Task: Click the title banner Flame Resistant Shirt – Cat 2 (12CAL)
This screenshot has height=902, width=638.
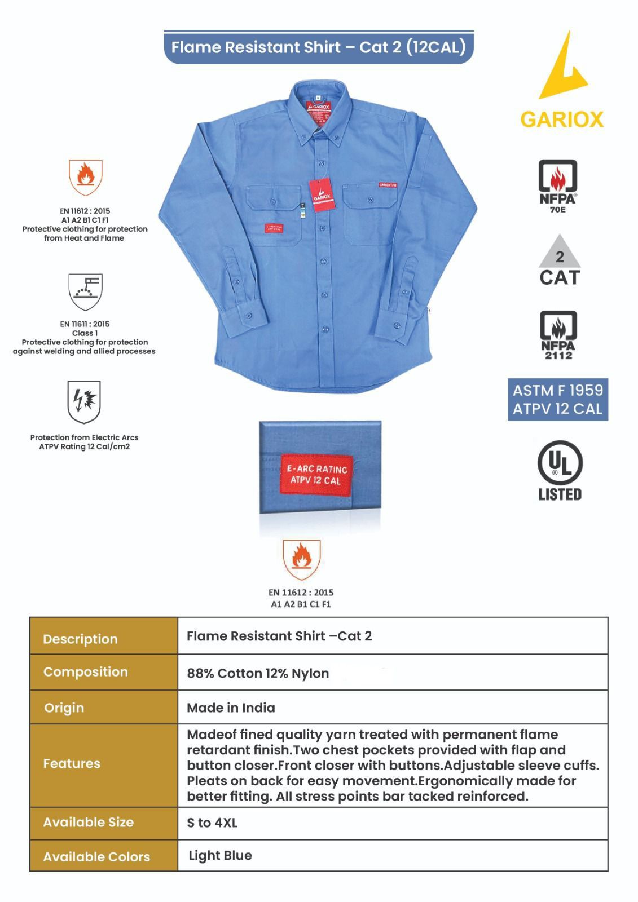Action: click(x=318, y=47)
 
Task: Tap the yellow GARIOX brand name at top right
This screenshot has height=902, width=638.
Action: click(x=561, y=120)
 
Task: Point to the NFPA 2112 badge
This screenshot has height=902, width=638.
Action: click(x=558, y=335)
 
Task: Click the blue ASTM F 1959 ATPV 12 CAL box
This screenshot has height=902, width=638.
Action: click(x=557, y=399)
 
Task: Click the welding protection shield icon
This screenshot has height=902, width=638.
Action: click(x=85, y=291)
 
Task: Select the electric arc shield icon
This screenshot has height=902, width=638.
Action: click(x=84, y=401)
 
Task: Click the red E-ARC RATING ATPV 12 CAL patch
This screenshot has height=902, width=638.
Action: click(x=316, y=474)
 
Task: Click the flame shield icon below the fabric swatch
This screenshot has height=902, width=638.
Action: click(x=301, y=559)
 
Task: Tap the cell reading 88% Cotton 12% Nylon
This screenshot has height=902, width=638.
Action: click(x=258, y=673)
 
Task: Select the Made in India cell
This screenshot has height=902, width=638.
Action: click(x=231, y=708)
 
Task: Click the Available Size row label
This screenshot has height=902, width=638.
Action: click(x=88, y=822)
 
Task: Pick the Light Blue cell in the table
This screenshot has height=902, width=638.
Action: click(x=220, y=855)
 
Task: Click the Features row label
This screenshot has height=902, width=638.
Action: click(x=72, y=763)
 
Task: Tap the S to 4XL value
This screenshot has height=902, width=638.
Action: click(x=212, y=823)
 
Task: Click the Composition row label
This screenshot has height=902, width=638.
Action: click(x=85, y=671)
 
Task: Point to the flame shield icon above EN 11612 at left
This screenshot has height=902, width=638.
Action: click(x=85, y=177)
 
